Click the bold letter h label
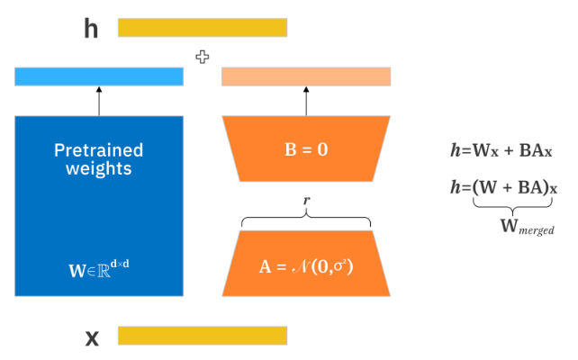click(x=91, y=29)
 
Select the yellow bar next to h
click(x=203, y=28)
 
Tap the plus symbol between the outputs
click(x=203, y=57)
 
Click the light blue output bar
click(x=99, y=77)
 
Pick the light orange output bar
click(x=306, y=77)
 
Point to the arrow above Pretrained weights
click(x=99, y=102)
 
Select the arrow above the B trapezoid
click(x=306, y=102)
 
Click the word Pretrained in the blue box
click(x=99, y=149)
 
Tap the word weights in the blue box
click(x=99, y=168)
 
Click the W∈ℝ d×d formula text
click(x=99, y=266)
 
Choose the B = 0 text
click(x=306, y=149)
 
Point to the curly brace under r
click(x=306, y=217)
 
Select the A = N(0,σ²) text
click(x=306, y=265)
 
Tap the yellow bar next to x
click(x=203, y=336)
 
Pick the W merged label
click(x=527, y=226)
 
